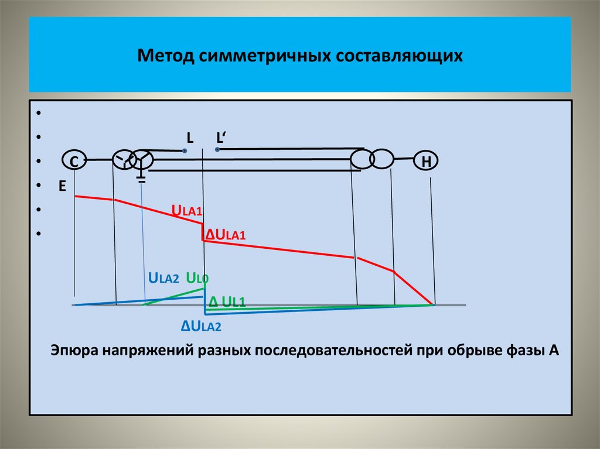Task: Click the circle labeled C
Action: pyautogui.click(x=74, y=161)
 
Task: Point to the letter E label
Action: pyautogui.click(x=62, y=186)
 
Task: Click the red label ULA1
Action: pyautogui.click(x=186, y=211)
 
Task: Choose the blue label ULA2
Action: pyautogui.click(x=163, y=278)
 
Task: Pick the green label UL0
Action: pyautogui.click(x=197, y=278)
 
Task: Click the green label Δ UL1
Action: pyautogui.click(x=226, y=301)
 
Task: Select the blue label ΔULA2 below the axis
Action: pyautogui.click(x=201, y=326)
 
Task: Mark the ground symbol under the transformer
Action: pyautogui.click(x=141, y=178)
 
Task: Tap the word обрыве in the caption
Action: pyautogui.click(x=482, y=351)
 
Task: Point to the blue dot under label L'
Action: pyautogui.click(x=217, y=150)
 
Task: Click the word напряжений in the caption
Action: pyautogui.click(x=148, y=351)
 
